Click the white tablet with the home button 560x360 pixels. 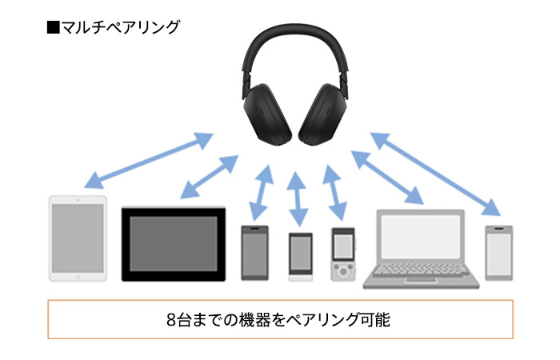click(78, 238)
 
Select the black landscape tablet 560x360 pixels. click(173, 244)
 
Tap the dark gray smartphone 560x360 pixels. click(254, 253)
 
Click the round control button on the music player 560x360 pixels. click(342, 271)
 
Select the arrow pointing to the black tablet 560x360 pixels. click(209, 176)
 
